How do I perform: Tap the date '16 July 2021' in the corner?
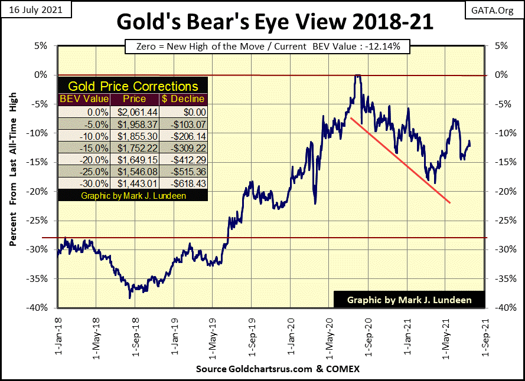coord(35,11)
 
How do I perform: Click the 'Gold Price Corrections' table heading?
coord(133,86)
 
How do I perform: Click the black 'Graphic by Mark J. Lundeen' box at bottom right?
coord(409,300)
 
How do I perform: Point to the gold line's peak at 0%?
coord(357,76)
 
